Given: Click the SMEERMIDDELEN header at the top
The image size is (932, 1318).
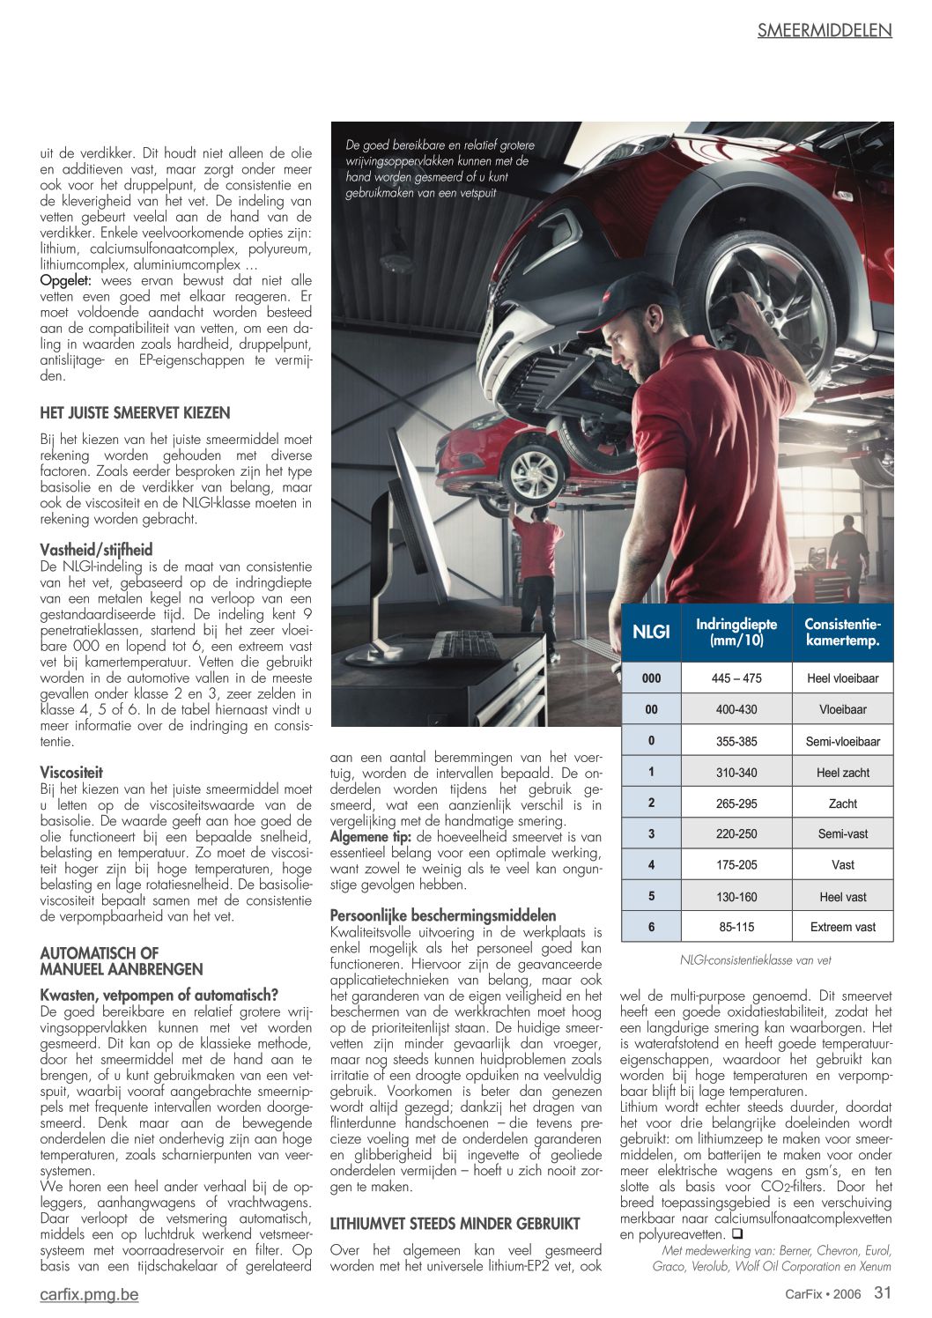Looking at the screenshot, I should click(824, 31).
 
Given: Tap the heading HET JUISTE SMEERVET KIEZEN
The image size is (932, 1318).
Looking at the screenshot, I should click(135, 413).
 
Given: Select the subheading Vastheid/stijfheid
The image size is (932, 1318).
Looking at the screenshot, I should click(96, 551).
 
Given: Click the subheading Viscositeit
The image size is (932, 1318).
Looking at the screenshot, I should click(71, 773).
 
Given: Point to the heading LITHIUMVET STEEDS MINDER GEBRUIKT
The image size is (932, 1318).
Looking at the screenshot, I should click(455, 1224).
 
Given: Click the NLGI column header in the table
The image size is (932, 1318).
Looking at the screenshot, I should click(651, 632).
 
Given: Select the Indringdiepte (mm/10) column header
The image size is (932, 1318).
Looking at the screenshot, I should click(736, 632).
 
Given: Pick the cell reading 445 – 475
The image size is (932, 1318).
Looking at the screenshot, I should click(736, 678).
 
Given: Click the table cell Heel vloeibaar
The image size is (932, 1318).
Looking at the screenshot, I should click(842, 678).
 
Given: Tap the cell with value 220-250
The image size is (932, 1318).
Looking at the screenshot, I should click(736, 833).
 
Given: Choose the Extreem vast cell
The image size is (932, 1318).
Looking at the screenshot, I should click(842, 927).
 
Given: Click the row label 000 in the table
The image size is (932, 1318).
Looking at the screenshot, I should click(651, 678).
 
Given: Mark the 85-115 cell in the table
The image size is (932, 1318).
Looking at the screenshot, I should click(736, 927).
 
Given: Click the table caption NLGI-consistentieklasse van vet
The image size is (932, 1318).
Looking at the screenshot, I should click(755, 960).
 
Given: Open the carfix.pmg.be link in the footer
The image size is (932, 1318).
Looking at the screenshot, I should click(89, 1294).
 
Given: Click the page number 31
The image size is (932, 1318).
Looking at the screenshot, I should click(883, 1293).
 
